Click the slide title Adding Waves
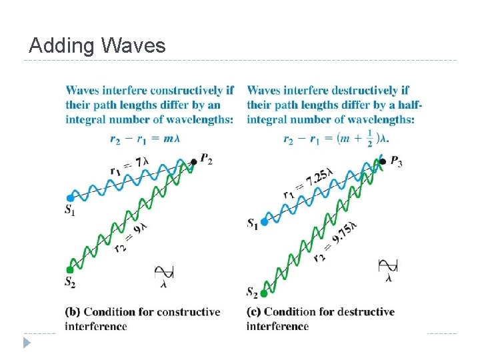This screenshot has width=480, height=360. [97, 46]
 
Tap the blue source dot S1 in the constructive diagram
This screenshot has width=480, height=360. [70, 198]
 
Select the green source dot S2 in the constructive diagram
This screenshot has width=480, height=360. [71, 269]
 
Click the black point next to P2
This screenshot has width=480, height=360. [194, 161]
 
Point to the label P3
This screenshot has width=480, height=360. [396, 162]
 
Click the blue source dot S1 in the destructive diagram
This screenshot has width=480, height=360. [264, 221]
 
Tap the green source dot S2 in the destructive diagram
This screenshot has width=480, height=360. [264, 292]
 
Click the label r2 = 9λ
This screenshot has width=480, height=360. [129, 237]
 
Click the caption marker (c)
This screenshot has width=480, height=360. [254, 312]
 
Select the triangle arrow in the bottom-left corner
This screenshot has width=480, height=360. [27, 343]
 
